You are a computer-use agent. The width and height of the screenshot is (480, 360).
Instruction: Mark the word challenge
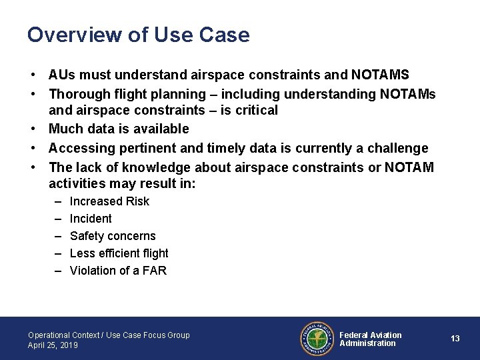397,148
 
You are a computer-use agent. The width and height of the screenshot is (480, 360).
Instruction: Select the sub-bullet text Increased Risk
109,201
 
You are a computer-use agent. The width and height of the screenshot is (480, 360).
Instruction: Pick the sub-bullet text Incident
91,219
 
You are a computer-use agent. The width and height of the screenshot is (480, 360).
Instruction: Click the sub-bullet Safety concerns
113,236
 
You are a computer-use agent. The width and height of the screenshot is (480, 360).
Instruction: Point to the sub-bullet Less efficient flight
119,253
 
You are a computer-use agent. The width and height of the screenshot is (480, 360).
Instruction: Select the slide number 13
455,339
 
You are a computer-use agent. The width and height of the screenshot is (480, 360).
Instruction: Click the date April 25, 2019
53,345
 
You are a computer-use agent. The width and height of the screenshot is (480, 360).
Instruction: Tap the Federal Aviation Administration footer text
371,339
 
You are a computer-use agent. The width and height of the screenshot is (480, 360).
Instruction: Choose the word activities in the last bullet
79,183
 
